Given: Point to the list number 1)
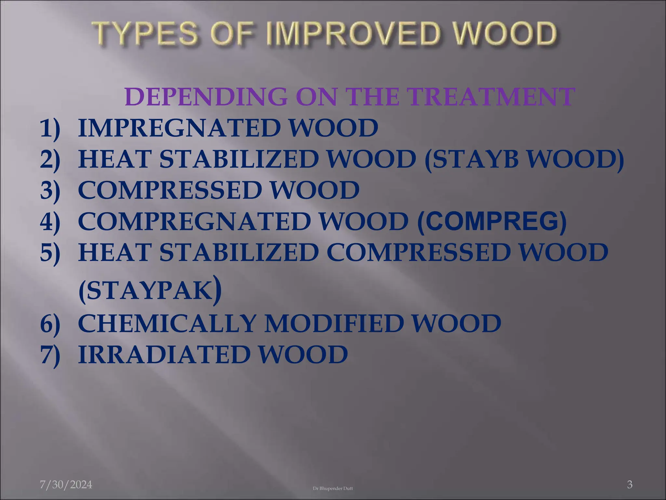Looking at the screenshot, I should (50, 128).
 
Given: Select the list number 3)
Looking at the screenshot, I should (50, 190).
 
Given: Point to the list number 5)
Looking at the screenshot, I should (50, 253).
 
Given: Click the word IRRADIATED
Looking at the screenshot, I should (164, 354).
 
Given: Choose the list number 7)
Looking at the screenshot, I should (50, 354).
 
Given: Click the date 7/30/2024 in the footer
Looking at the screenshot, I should (66, 485).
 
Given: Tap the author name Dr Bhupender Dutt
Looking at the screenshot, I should (333, 488).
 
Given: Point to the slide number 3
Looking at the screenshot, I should (630, 485).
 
